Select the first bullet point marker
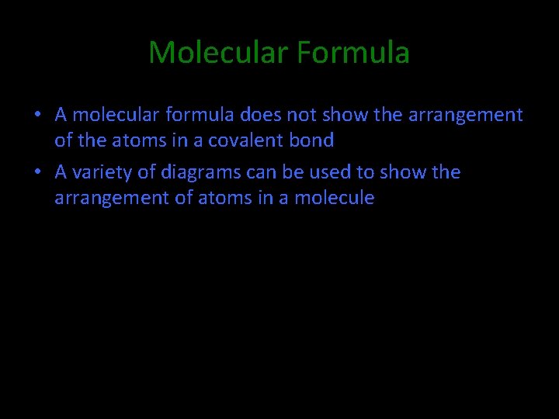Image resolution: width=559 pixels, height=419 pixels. (x=37, y=116)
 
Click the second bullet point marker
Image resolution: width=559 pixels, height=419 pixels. (x=37, y=172)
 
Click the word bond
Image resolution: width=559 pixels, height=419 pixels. (x=312, y=141)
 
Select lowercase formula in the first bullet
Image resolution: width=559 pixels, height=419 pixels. (x=201, y=116)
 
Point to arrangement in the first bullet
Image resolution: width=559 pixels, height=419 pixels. (x=464, y=116)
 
